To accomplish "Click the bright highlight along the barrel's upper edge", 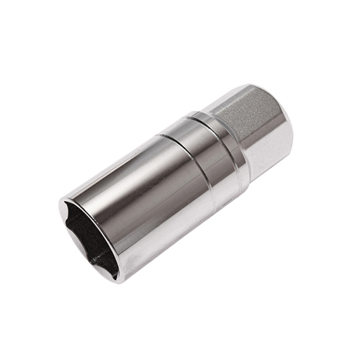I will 115,162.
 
